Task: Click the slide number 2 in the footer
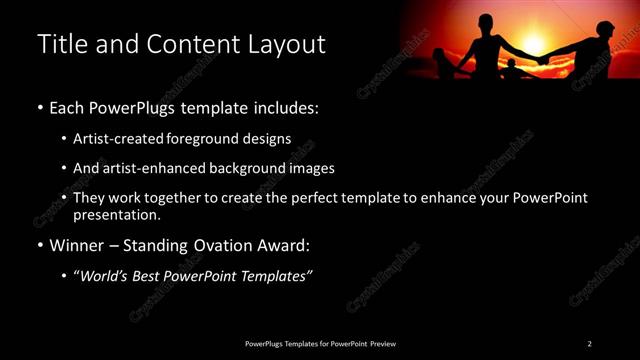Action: pyautogui.click(x=590, y=344)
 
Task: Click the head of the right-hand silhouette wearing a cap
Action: pyautogui.click(x=604, y=28)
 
